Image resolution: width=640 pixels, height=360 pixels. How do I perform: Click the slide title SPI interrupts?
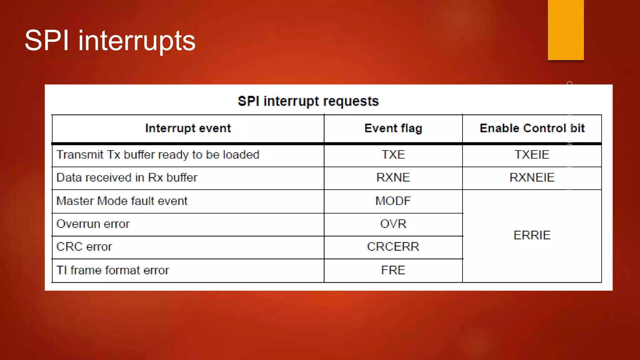110,41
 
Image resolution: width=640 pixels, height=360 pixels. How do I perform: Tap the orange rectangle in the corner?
566,30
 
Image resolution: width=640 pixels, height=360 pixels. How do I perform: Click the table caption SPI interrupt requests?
308,101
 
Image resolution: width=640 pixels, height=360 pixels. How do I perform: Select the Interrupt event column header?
188,128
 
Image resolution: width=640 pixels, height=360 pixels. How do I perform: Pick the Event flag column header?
393,128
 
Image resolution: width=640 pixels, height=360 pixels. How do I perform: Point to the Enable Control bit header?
532,128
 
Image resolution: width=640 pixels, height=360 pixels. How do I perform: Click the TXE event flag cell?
393,155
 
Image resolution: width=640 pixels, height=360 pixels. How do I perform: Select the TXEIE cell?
532,155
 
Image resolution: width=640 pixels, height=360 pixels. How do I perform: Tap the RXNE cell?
393,177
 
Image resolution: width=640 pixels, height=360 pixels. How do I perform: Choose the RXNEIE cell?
532,177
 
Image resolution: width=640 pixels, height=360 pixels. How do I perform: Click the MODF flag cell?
393,201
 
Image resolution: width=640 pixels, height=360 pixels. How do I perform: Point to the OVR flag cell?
393,224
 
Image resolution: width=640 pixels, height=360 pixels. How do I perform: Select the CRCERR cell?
393,247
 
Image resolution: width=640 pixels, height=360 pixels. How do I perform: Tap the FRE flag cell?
393,270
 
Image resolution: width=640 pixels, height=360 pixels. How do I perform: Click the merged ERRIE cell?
532,235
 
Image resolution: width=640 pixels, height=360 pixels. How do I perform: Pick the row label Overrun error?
93,224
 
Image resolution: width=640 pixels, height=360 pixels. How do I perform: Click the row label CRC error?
84,247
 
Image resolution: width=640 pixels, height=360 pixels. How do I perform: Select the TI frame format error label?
112,270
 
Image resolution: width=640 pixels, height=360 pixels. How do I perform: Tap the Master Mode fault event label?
122,201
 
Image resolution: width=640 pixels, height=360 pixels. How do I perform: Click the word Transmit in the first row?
80,155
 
